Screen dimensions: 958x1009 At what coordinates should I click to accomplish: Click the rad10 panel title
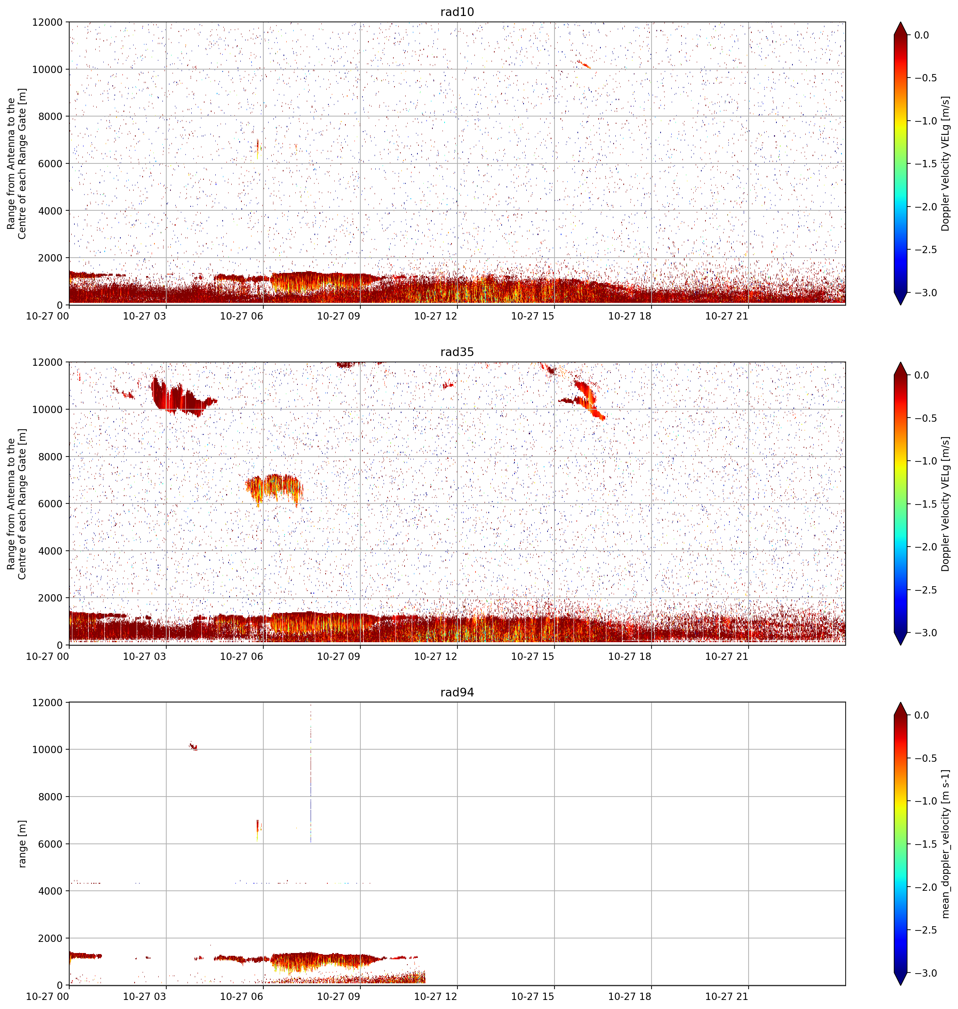457,12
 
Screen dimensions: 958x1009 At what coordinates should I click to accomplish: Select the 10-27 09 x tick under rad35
338,656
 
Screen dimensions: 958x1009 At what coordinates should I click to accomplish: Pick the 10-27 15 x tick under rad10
533,316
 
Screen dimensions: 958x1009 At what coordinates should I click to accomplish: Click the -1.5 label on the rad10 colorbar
925,164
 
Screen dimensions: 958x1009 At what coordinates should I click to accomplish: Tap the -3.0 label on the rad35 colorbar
925,633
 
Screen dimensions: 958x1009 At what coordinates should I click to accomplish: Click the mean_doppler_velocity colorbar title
946,843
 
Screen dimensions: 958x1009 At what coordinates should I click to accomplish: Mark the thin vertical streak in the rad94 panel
311,776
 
